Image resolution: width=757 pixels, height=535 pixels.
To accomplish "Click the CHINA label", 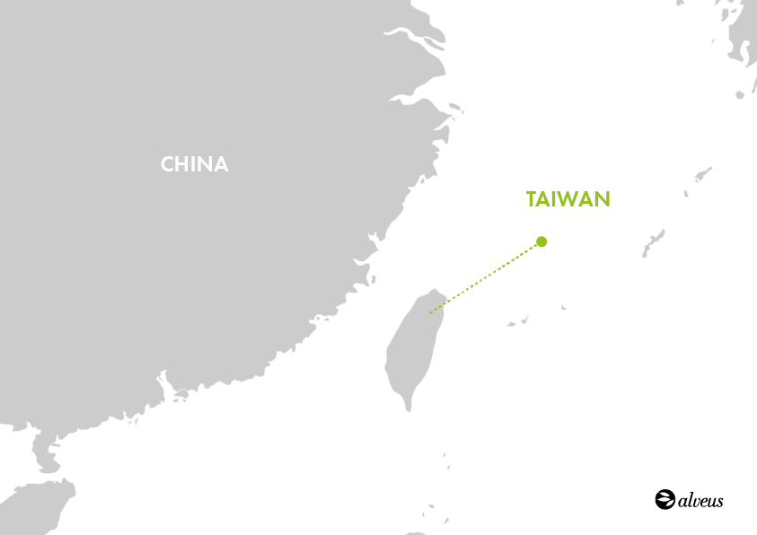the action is (x=195, y=164).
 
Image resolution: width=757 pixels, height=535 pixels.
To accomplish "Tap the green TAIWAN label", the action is (x=568, y=199).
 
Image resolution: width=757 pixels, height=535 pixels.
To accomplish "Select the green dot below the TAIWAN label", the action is (x=541, y=241).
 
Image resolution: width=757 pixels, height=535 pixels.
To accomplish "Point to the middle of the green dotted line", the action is (x=485, y=277).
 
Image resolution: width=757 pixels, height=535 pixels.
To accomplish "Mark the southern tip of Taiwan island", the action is (x=409, y=409).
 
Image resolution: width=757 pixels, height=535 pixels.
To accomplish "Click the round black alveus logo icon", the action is (x=665, y=499).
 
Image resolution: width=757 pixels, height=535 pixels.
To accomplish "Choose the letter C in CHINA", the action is (x=167, y=164).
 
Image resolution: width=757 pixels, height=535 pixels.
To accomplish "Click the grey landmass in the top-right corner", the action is (x=744, y=36).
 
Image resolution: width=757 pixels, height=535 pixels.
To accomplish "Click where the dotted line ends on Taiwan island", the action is (x=429, y=313).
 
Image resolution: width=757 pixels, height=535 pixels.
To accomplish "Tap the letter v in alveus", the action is (x=695, y=501).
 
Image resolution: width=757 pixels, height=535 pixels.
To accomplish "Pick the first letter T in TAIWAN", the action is (x=532, y=199).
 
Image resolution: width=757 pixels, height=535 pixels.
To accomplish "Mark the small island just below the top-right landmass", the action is (x=742, y=93).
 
